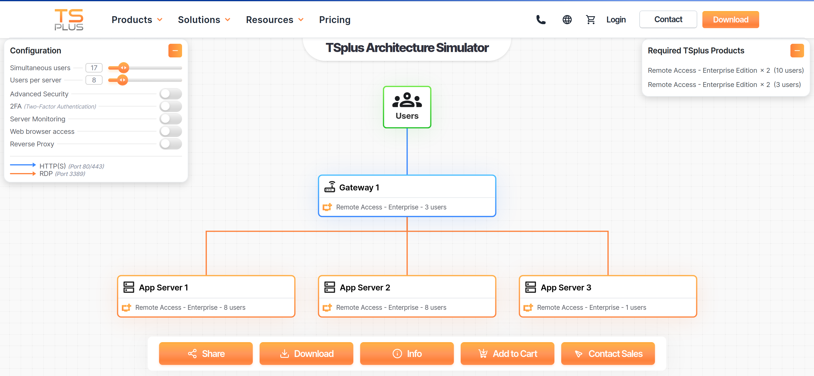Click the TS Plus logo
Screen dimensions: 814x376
(69, 20)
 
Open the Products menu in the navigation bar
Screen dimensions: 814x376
(137, 20)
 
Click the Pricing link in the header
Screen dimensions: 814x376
(335, 20)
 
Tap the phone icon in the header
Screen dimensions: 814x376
(541, 20)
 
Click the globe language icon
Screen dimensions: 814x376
(567, 20)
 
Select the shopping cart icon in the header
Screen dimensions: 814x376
(590, 20)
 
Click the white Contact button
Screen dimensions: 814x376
(668, 19)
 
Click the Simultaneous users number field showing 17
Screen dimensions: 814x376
(94, 68)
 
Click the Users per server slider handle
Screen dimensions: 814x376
(122, 80)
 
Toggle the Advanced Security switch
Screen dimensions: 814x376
(171, 94)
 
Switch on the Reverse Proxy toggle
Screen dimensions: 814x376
(171, 144)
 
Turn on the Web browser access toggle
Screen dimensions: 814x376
(171, 131)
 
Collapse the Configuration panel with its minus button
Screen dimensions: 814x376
(175, 51)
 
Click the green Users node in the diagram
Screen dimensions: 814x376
(407, 107)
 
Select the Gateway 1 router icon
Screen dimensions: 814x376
(329, 187)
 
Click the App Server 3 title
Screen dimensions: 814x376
(566, 287)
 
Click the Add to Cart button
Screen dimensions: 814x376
(507, 354)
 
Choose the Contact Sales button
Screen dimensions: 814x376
(608, 354)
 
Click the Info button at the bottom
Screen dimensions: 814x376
(407, 354)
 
